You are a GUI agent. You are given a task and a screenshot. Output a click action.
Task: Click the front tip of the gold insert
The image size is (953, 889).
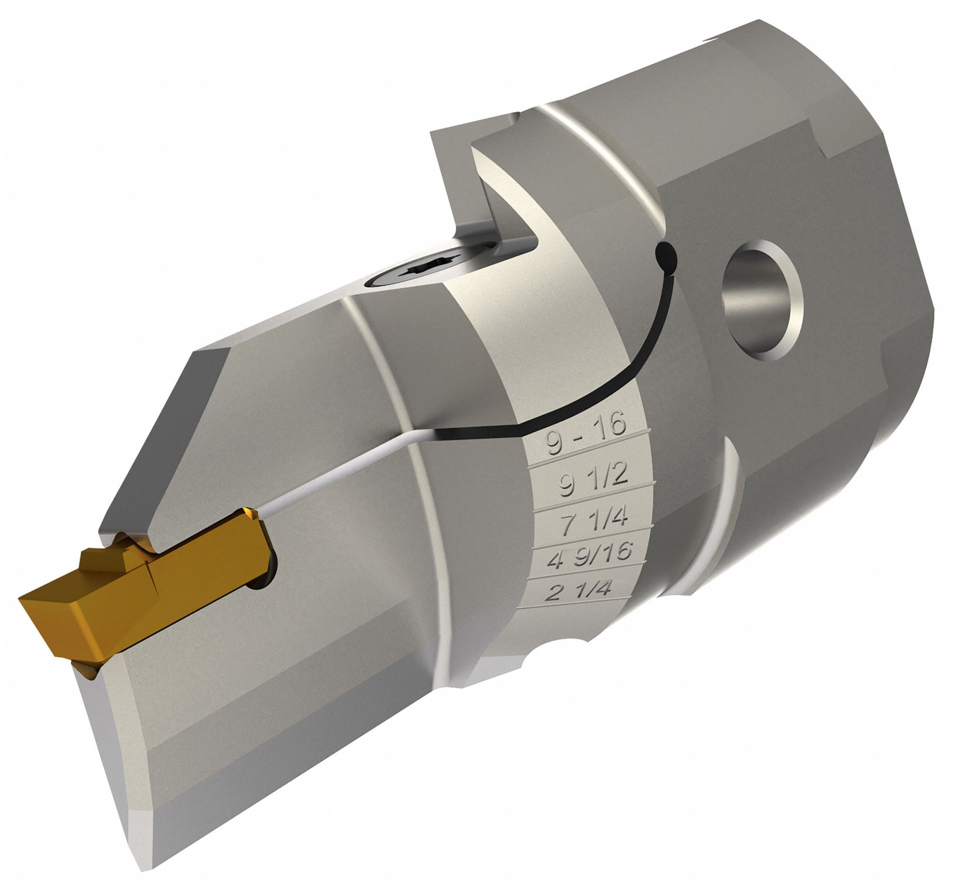(20, 599)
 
